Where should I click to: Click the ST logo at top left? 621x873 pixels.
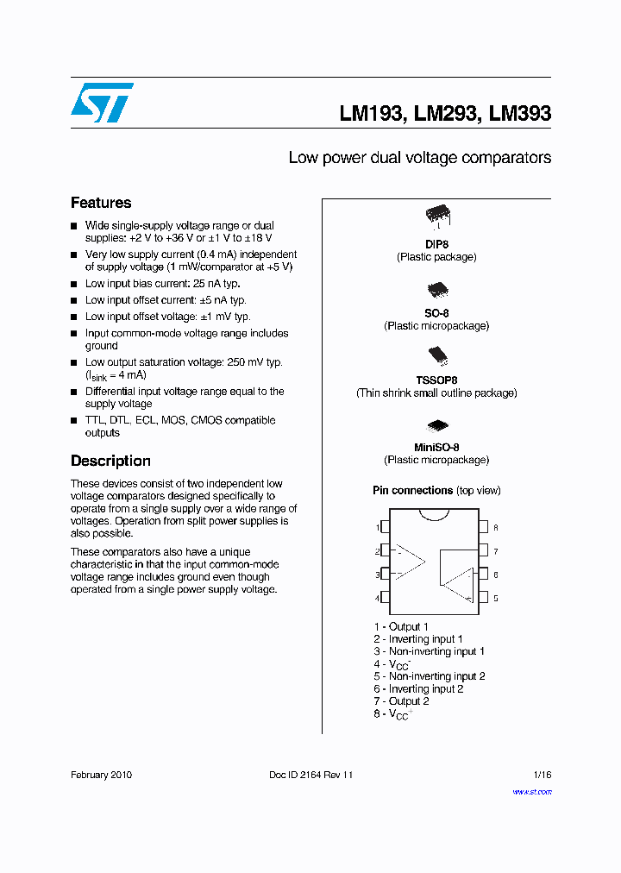click(102, 103)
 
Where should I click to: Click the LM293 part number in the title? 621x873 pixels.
click(447, 113)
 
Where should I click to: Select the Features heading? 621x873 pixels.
click(101, 203)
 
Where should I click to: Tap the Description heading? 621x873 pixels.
click(110, 461)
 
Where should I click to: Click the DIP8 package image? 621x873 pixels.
click(437, 216)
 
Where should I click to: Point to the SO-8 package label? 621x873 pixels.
click(436, 313)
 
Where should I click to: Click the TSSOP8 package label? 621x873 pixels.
click(436, 380)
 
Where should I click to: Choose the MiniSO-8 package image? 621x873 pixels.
click(437, 425)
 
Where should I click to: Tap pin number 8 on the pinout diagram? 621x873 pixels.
click(495, 527)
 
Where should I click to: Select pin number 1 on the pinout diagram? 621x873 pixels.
click(378, 527)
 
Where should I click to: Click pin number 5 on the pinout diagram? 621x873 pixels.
click(495, 598)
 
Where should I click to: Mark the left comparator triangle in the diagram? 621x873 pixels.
click(410, 562)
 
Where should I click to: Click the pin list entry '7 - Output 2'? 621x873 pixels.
click(401, 701)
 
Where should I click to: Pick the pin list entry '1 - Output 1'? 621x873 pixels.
click(400, 626)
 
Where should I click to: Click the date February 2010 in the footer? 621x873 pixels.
click(101, 775)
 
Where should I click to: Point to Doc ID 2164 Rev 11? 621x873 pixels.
click(311, 775)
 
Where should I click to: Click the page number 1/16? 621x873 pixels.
click(540, 775)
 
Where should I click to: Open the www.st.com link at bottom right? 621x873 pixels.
click(531, 791)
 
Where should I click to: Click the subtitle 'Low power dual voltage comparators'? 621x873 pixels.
click(419, 158)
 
